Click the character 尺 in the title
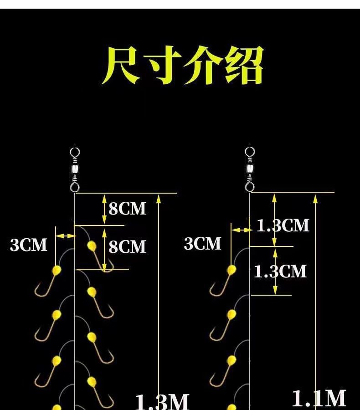click(121, 66)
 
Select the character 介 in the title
click(202, 66)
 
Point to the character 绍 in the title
click(243, 66)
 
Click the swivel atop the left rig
click(75, 169)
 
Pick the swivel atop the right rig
click(250, 169)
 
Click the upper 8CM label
click(127, 209)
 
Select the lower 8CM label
click(127, 246)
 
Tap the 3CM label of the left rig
click(28, 245)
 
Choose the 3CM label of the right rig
click(202, 244)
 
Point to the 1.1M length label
click(319, 398)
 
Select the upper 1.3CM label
click(283, 225)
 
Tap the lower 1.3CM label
click(280, 272)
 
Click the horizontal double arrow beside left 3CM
click(65, 236)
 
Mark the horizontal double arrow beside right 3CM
click(241, 231)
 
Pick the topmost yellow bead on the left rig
click(92, 246)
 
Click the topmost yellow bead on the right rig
click(231, 270)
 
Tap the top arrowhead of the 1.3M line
click(158, 197)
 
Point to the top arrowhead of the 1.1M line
click(316, 197)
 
